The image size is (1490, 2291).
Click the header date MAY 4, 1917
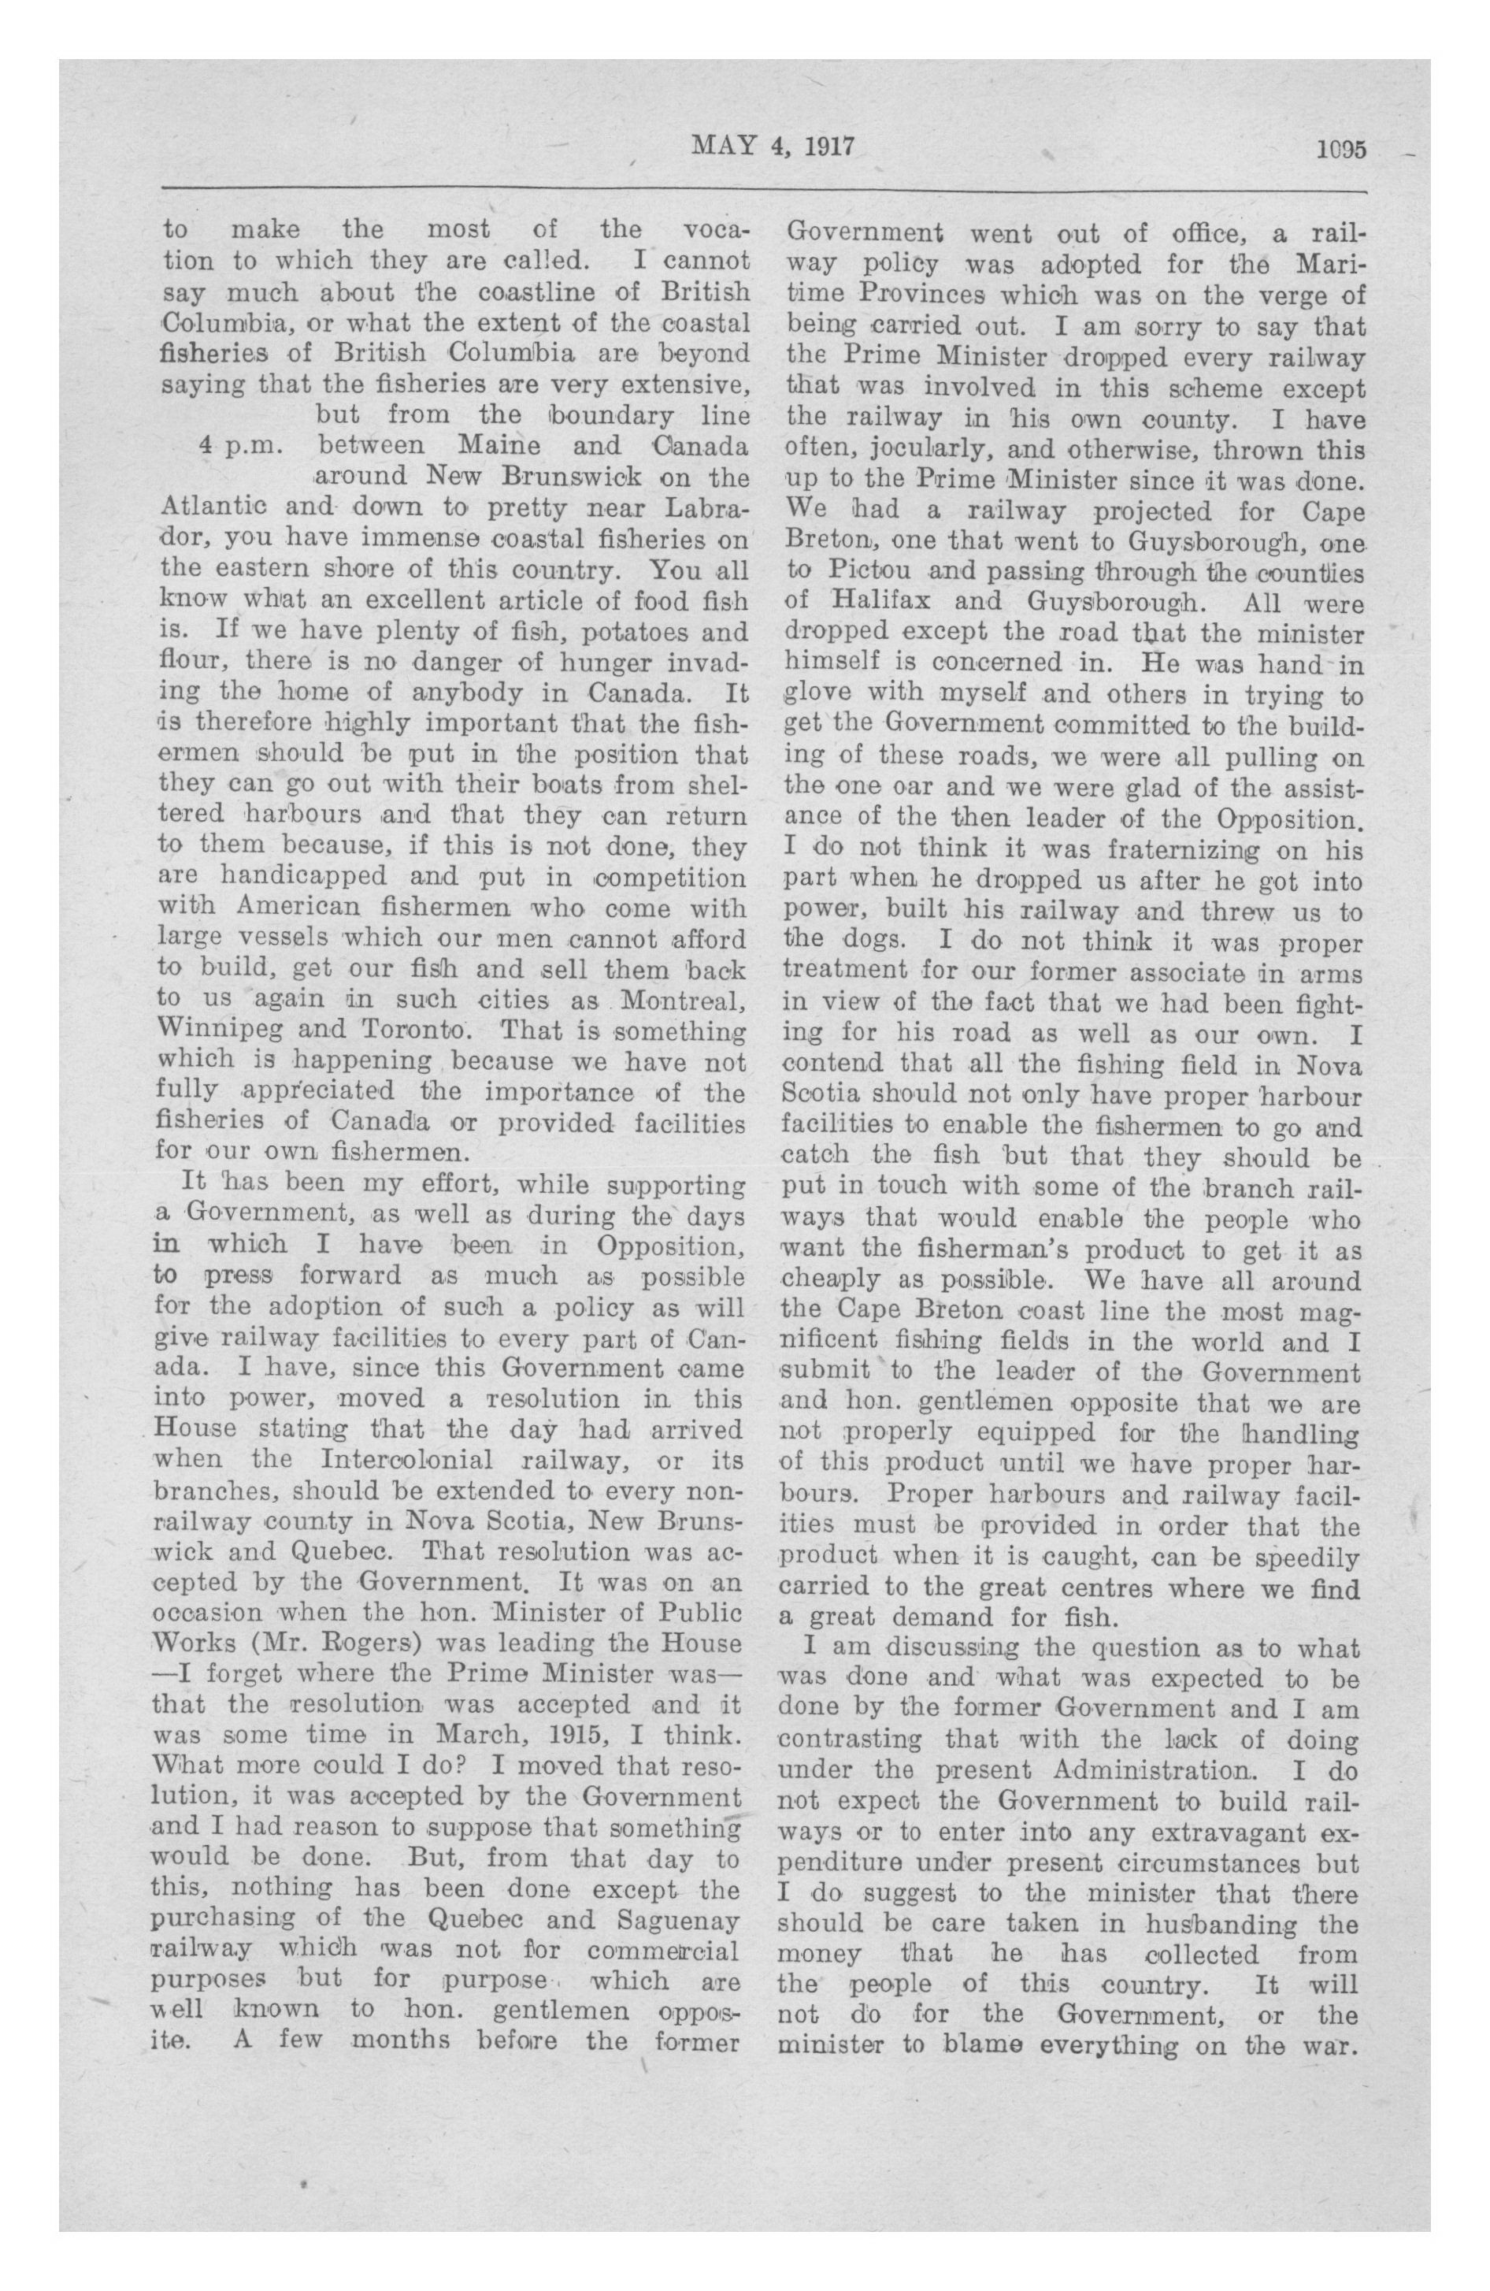click(x=773, y=147)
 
